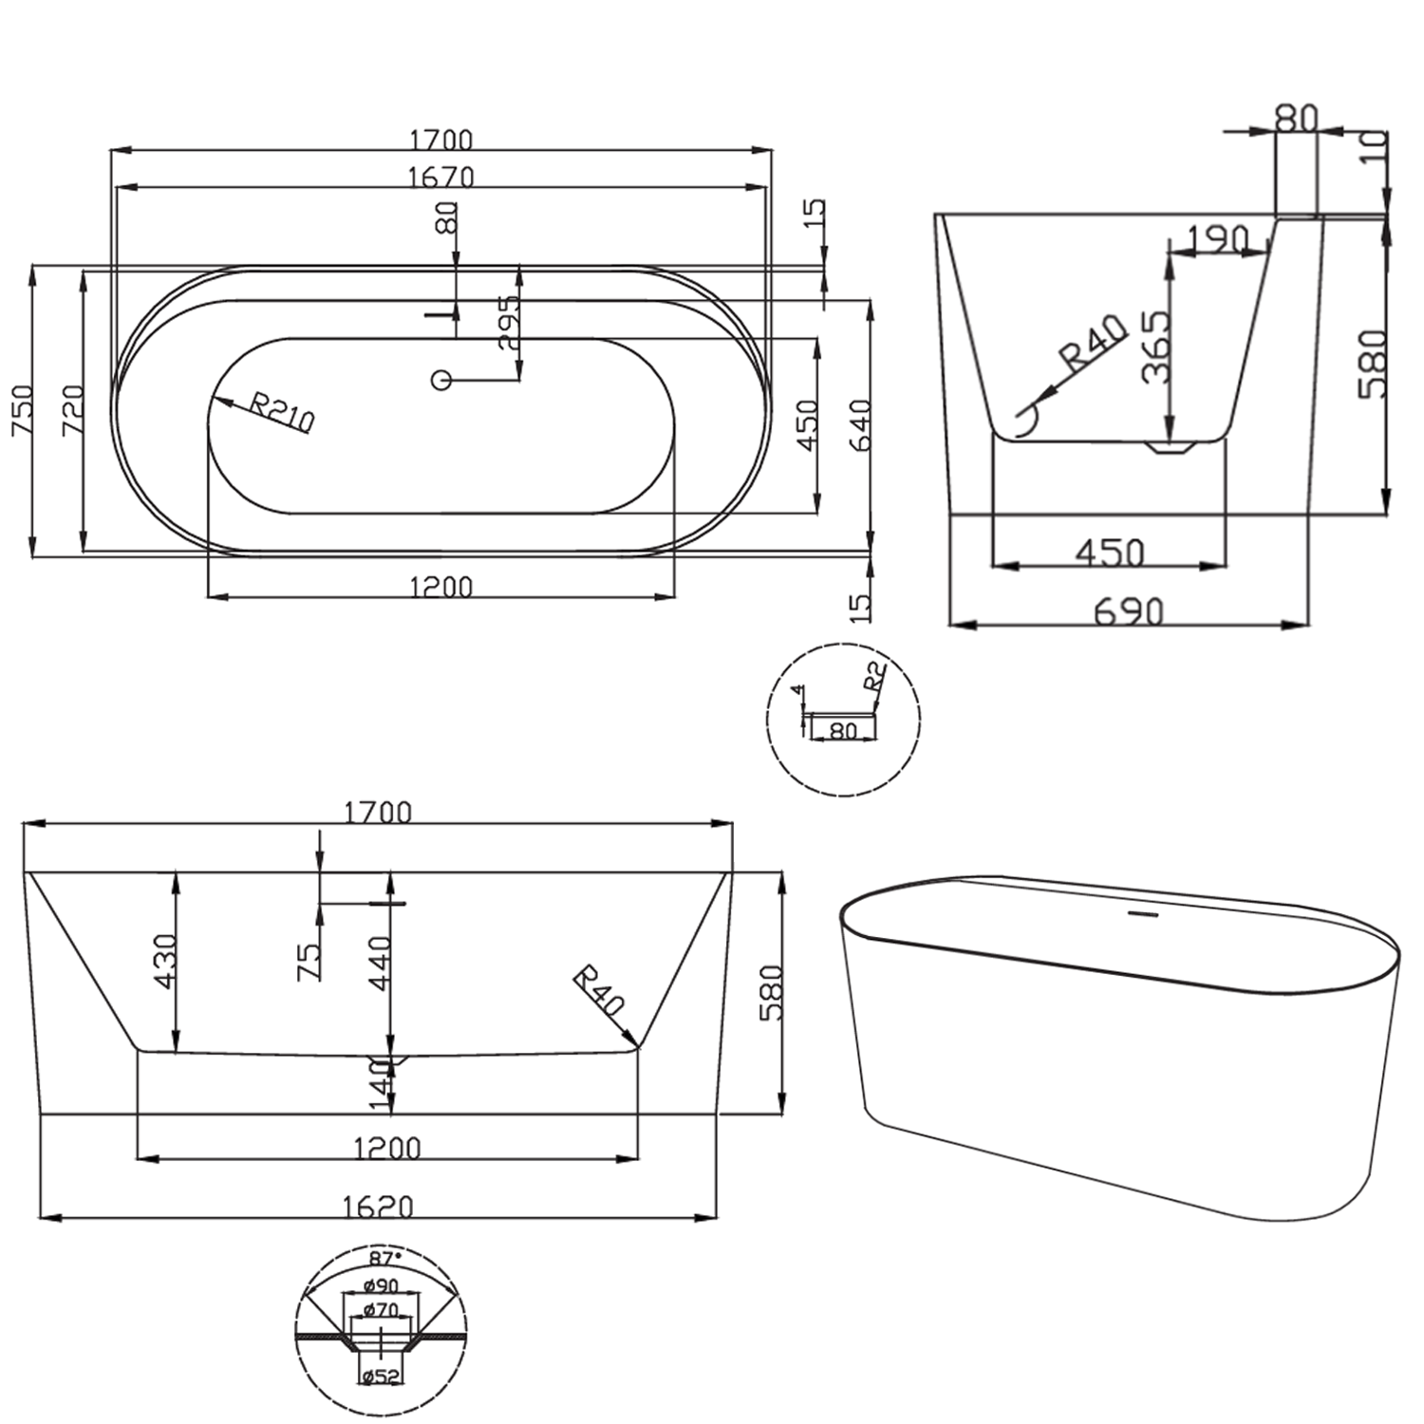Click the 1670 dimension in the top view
[440, 178]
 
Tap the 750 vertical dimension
[22, 410]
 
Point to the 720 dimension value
[73, 410]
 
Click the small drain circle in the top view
[440, 380]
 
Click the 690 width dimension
[1128, 612]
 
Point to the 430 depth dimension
[165, 961]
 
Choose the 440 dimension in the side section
[381, 963]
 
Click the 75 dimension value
[309, 961]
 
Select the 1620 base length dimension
[378, 1206]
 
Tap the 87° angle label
[385, 1258]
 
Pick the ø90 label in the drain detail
[381, 1286]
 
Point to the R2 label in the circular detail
[874, 676]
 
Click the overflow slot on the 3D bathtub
[1142, 914]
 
